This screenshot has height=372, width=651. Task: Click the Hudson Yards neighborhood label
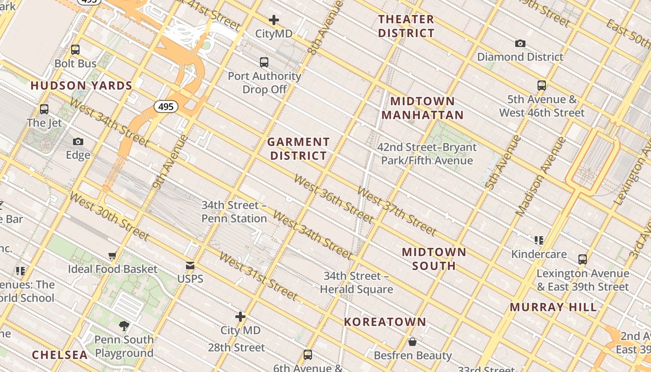click(x=81, y=86)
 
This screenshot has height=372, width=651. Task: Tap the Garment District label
click(x=299, y=149)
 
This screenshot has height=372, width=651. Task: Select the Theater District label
click(x=406, y=26)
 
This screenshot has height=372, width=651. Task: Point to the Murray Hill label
click(x=553, y=307)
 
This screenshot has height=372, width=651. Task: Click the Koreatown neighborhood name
click(x=385, y=322)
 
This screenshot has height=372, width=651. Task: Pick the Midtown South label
click(x=434, y=259)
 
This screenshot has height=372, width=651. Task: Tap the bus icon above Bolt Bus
click(x=75, y=50)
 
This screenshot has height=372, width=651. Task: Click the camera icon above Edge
click(x=78, y=141)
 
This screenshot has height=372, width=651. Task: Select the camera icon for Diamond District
click(x=520, y=44)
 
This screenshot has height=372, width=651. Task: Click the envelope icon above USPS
click(x=190, y=266)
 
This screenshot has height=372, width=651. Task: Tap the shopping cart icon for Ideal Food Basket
click(x=112, y=255)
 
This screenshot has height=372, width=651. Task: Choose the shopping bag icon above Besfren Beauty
click(x=412, y=342)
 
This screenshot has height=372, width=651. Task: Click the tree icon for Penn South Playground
click(x=124, y=325)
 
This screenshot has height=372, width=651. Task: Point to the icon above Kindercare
click(x=539, y=240)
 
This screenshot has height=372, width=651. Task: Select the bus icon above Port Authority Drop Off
click(x=264, y=62)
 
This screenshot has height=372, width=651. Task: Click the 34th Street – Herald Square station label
click(x=356, y=283)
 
